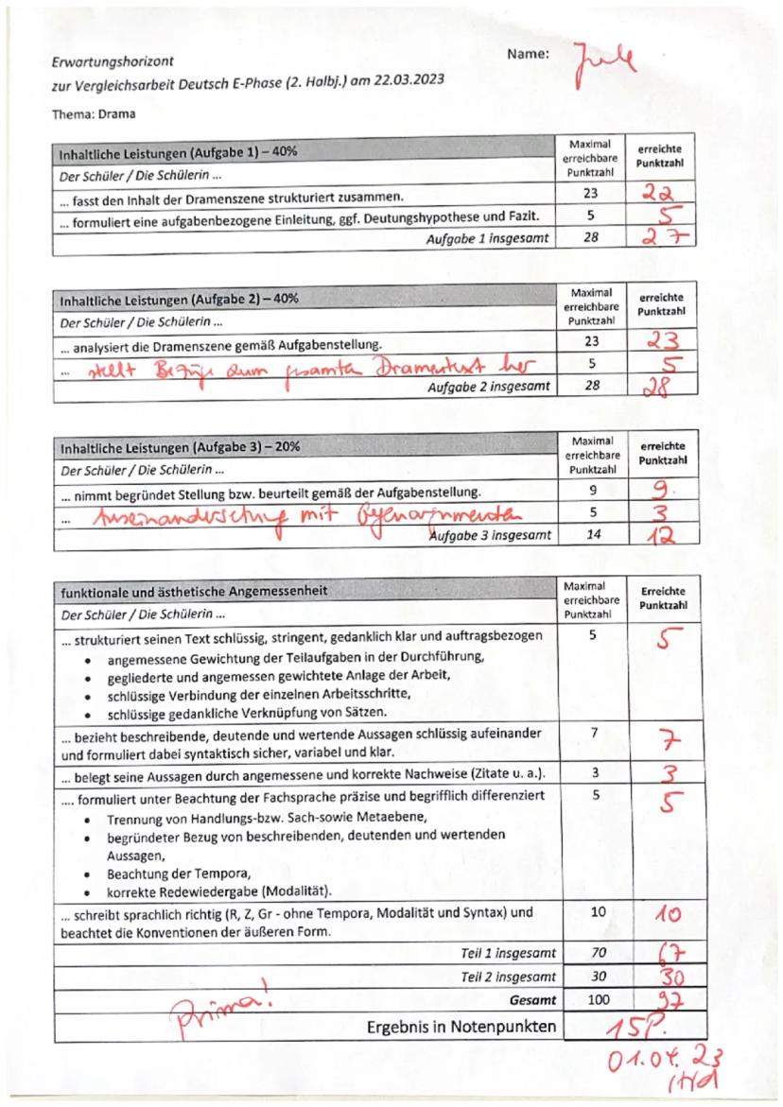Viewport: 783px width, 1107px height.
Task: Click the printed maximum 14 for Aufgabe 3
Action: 590,532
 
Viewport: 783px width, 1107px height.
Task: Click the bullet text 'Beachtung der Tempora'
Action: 178,874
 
